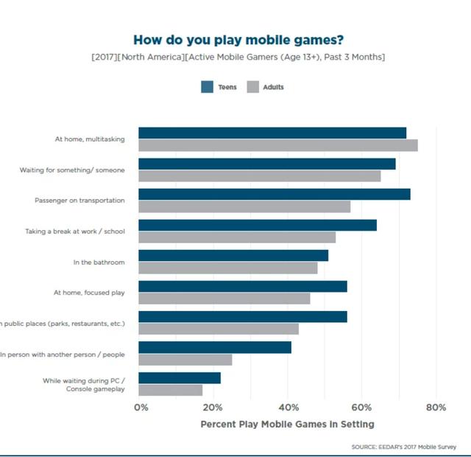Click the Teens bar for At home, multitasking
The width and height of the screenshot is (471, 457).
pyautogui.click(x=272, y=133)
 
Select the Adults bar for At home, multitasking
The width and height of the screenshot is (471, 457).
pyautogui.click(x=278, y=145)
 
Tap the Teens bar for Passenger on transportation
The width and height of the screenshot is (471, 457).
pyautogui.click(x=275, y=194)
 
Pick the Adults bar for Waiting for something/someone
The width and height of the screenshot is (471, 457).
pyautogui.click(x=260, y=176)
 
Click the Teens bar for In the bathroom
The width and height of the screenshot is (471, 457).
pyautogui.click(x=233, y=255)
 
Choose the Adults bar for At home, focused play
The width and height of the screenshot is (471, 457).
pyautogui.click(x=224, y=299)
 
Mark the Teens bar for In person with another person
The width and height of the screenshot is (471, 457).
pyautogui.click(x=215, y=347)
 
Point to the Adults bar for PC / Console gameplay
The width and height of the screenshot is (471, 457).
pyautogui.click(x=171, y=390)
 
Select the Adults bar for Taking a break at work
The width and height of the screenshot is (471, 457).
pyautogui.click(x=237, y=237)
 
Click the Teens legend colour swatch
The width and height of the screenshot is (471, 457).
pyautogui.click(x=207, y=87)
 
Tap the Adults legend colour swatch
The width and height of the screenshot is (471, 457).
pyautogui.click(x=252, y=87)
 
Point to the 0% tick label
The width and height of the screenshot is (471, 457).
pyautogui.click(x=141, y=408)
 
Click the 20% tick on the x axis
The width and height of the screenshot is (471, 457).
pyautogui.click(x=214, y=408)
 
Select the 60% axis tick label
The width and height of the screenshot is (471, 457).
pyautogui.click(x=362, y=408)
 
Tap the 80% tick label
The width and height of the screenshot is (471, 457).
pyautogui.click(x=436, y=408)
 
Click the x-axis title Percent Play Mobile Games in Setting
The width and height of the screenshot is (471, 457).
pyautogui.click(x=287, y=425)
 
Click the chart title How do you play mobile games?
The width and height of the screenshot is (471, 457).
pyautogui.click(x=238, y=40)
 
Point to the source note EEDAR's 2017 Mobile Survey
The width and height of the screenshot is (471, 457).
pyautogui.click(x=404, y=447)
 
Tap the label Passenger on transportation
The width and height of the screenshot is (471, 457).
pyautogui.click(x=79, y=200)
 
